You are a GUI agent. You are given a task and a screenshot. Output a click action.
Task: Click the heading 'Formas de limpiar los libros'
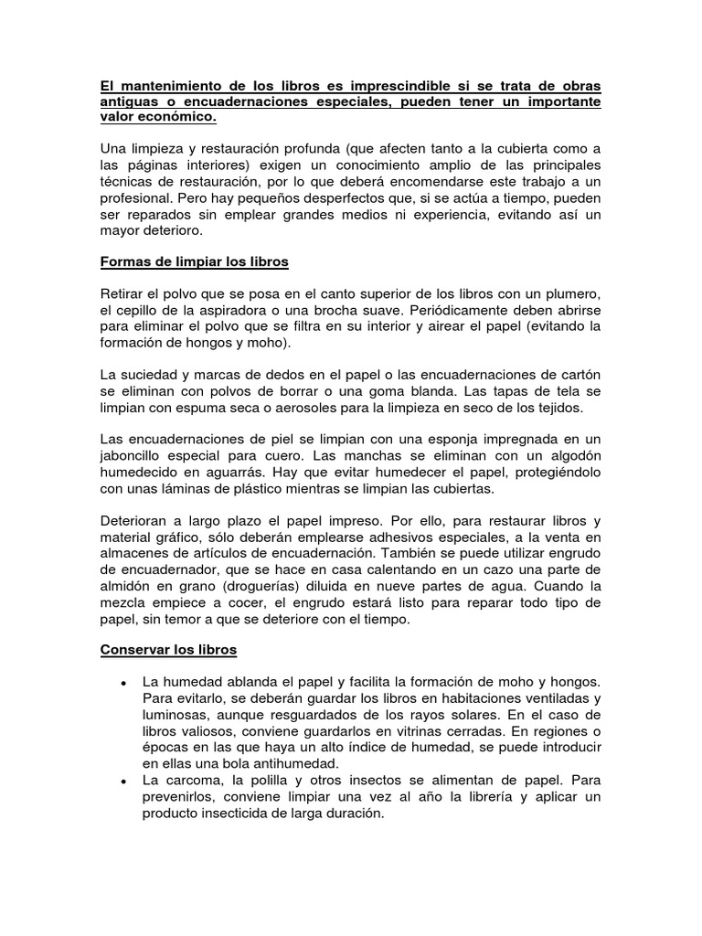(x=194, y=261)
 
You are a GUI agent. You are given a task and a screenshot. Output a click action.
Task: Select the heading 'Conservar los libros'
(x=168, y=650)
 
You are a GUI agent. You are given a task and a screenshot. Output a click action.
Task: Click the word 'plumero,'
(x=566, y=292)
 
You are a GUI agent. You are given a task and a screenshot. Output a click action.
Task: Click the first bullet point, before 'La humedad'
(x=122, y=683)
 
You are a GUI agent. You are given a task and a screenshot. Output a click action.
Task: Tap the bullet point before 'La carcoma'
(x=122, y=782)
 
